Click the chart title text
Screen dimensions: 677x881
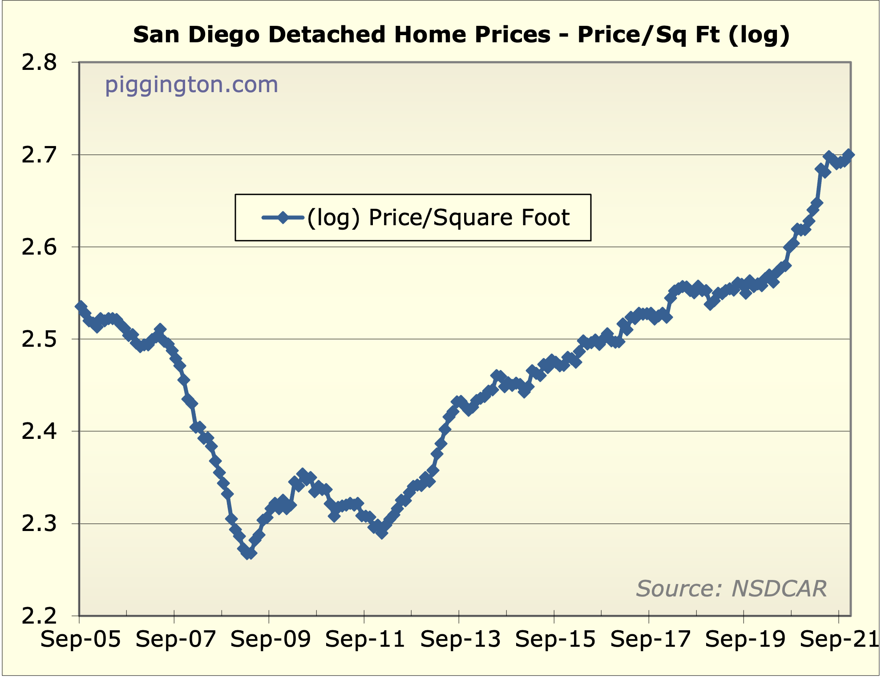tap(461, 35)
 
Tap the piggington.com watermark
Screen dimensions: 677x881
tap(191, 85)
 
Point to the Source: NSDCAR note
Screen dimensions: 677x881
tap(731, 588)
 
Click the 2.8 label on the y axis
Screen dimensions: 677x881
tap(39, 63)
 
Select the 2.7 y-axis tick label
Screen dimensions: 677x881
tap(39, 155)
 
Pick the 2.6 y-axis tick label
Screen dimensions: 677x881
tap(39, 247)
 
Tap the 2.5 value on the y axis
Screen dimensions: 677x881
tap(39, 339)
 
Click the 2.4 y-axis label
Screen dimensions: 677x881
tap(39, 431)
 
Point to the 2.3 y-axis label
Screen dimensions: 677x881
tap(39, 523)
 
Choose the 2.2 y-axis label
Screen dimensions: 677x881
tap(39, 616)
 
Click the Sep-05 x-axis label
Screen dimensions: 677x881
tap(81, 640)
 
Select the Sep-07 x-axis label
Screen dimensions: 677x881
tap(175, 640)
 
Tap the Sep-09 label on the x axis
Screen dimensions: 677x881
tap(270, 640)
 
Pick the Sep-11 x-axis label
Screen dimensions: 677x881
tap(365, 640)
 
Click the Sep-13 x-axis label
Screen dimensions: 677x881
tap(460, 640)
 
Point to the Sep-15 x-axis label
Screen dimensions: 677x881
tap(555, 640)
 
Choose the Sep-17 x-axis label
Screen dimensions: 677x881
tap(650, 640)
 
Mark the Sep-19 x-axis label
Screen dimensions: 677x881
tap(745, 640)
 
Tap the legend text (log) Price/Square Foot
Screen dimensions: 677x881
tap(438, 218)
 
